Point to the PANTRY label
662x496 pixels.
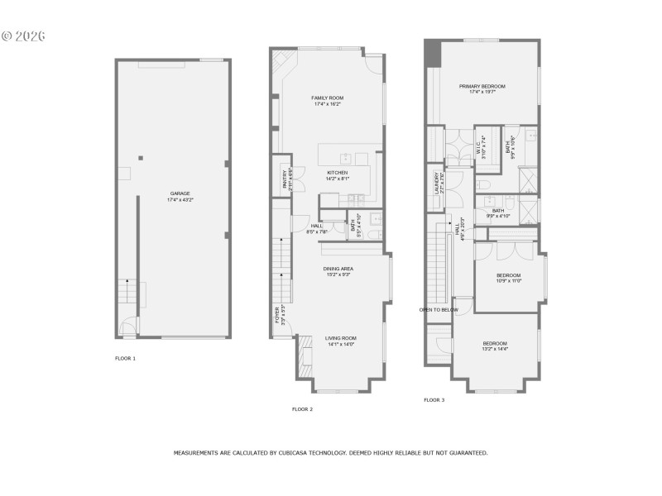pyautogui.click(x=285, y=175)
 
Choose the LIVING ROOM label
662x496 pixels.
pyautogui.click(x=340, y=337)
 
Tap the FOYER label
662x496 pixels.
pyautogui.click(x=277, y=315)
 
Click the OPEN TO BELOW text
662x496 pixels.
pyautogui.click(x=439, y=310)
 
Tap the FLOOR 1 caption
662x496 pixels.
pyautogui.click(x=125, y=358)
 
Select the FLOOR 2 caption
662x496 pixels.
pyautogui.click(x=302, y=408)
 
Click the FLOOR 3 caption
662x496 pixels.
pyautogui.click(x=434, y=399)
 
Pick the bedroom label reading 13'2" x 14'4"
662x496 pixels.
pyautogui.click(x=495, y=349)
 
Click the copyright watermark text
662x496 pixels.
pyautogui.click(x=22, y=36)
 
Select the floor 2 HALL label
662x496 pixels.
pyautogui.click(x=317, y=227)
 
